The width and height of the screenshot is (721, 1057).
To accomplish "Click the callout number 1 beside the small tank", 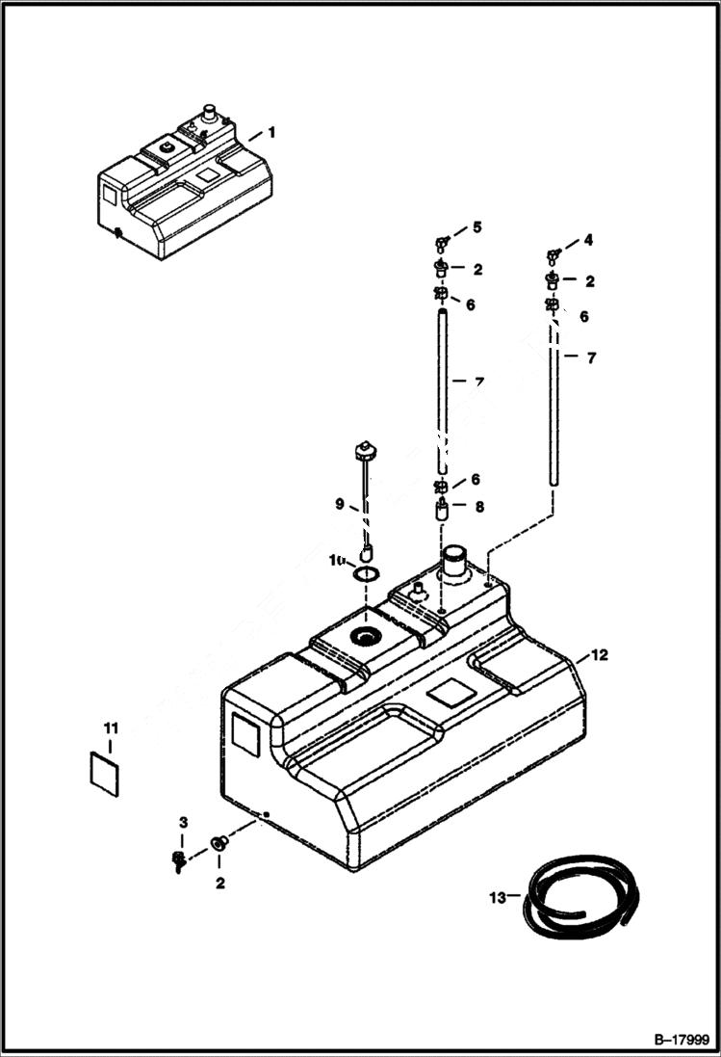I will point(271,132).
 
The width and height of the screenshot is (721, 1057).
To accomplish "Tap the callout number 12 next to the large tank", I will point(599,655).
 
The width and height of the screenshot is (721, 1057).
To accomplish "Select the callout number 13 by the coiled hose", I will point(498,898).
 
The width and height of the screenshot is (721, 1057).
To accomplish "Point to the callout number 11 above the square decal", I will point(111,725).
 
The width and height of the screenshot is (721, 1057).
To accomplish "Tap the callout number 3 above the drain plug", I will point(183,821).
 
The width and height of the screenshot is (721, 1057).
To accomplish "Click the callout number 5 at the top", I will point(475,228).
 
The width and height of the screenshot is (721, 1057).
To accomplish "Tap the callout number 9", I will point(339,503).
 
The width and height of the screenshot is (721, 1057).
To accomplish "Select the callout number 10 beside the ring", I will point(336,560).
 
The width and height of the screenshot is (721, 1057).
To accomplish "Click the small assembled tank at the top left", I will point(183,183).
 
